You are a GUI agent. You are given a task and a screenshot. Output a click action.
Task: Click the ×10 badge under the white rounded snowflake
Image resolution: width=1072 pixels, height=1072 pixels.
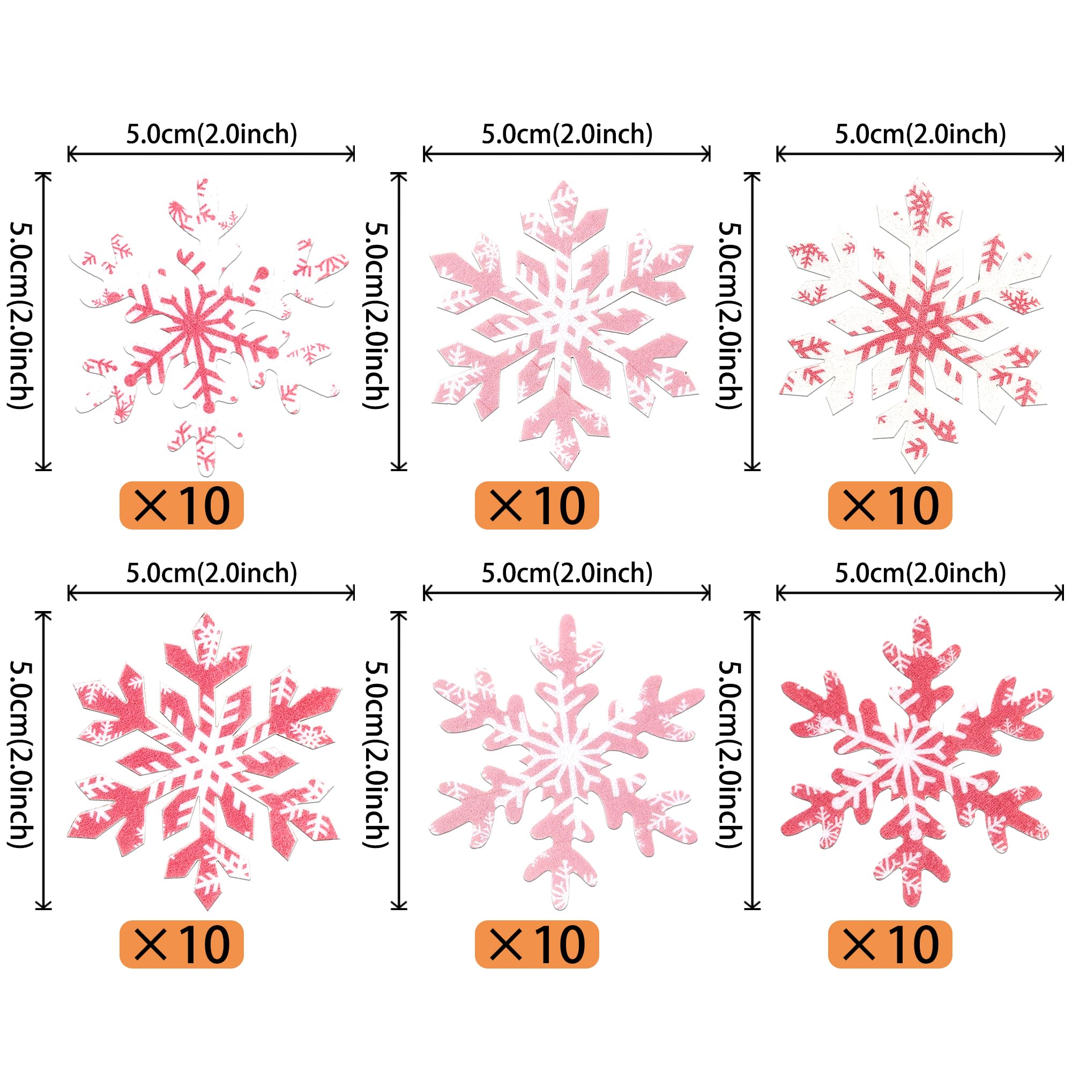click(x=182, y=505)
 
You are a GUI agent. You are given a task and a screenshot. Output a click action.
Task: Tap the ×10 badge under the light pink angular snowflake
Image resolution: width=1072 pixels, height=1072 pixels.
click(x=537, y=505)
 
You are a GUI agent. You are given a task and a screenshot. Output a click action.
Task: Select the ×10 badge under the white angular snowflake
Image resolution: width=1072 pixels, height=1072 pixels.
click(x=890, y=505)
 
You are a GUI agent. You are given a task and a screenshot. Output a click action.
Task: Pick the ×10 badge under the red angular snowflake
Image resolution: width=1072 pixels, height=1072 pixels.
click(x=182, y=944)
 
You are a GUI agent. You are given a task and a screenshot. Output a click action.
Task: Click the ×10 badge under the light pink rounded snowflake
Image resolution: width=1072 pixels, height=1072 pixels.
click(x=537, y=944)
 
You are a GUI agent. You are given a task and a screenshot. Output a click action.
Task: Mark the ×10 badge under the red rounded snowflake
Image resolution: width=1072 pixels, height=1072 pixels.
click(x=890, y=944)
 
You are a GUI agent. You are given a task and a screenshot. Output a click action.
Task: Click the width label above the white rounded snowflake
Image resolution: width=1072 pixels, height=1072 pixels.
click(x=211, y=135)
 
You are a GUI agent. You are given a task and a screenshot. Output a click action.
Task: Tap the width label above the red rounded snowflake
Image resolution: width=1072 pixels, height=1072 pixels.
click(x=920, y=573)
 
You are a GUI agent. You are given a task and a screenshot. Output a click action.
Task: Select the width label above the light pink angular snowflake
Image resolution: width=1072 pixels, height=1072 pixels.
click(x=567, y=135)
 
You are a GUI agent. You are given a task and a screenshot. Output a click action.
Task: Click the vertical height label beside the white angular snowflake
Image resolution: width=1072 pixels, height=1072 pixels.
click(x=730, y=316)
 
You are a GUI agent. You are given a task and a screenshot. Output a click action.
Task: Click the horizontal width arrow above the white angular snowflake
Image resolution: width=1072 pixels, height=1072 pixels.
click(x=920, y=154)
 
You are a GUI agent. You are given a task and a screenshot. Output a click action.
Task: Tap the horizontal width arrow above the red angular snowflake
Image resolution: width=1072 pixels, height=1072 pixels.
click(x=211, y=593)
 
